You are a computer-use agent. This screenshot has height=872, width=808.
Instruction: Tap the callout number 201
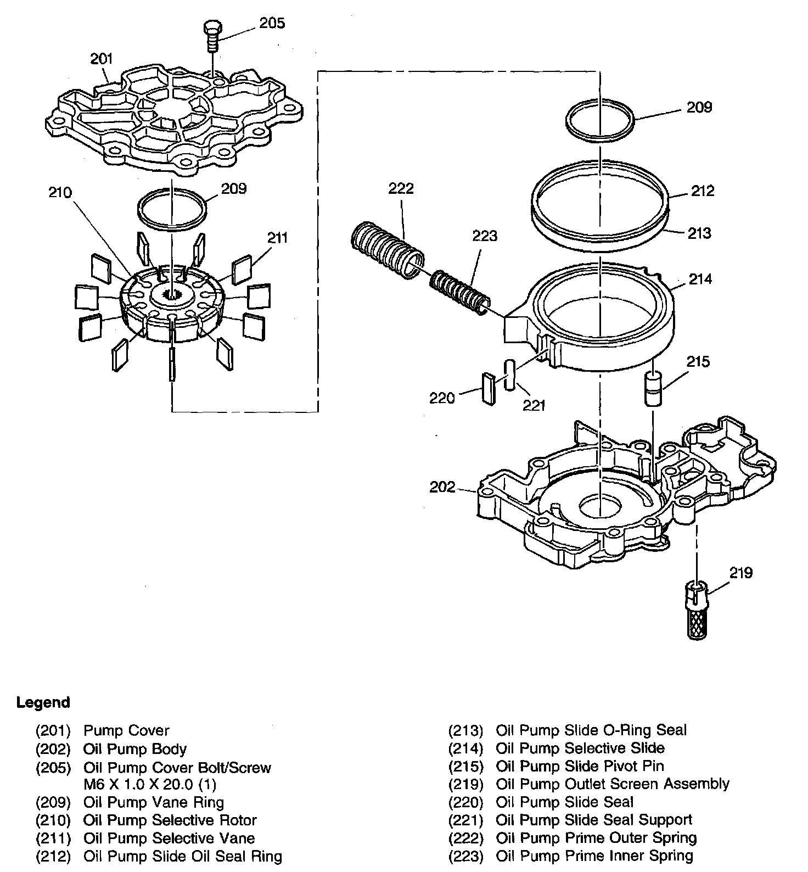102,59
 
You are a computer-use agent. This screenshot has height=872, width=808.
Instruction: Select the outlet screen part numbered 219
698,610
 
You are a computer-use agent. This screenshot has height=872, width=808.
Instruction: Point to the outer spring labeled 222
387,249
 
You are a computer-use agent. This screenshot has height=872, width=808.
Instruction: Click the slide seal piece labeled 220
489,389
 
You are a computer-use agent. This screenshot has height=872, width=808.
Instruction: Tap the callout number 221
534,405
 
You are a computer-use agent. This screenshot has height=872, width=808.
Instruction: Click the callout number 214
700,279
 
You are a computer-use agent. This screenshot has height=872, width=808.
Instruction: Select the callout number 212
703,191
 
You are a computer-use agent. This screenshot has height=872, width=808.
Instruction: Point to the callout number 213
699,233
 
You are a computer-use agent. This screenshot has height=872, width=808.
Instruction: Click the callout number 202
442,487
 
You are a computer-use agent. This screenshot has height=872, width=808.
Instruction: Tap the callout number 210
60,192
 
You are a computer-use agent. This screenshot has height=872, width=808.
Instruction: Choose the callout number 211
278,238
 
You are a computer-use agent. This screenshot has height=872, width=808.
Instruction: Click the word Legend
43,702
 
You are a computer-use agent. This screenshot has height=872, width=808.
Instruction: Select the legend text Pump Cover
126,730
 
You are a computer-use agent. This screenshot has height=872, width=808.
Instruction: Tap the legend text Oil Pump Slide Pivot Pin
580,766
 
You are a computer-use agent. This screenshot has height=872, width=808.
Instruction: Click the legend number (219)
465,784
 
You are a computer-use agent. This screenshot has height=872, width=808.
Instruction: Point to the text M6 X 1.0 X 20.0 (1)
150,784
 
